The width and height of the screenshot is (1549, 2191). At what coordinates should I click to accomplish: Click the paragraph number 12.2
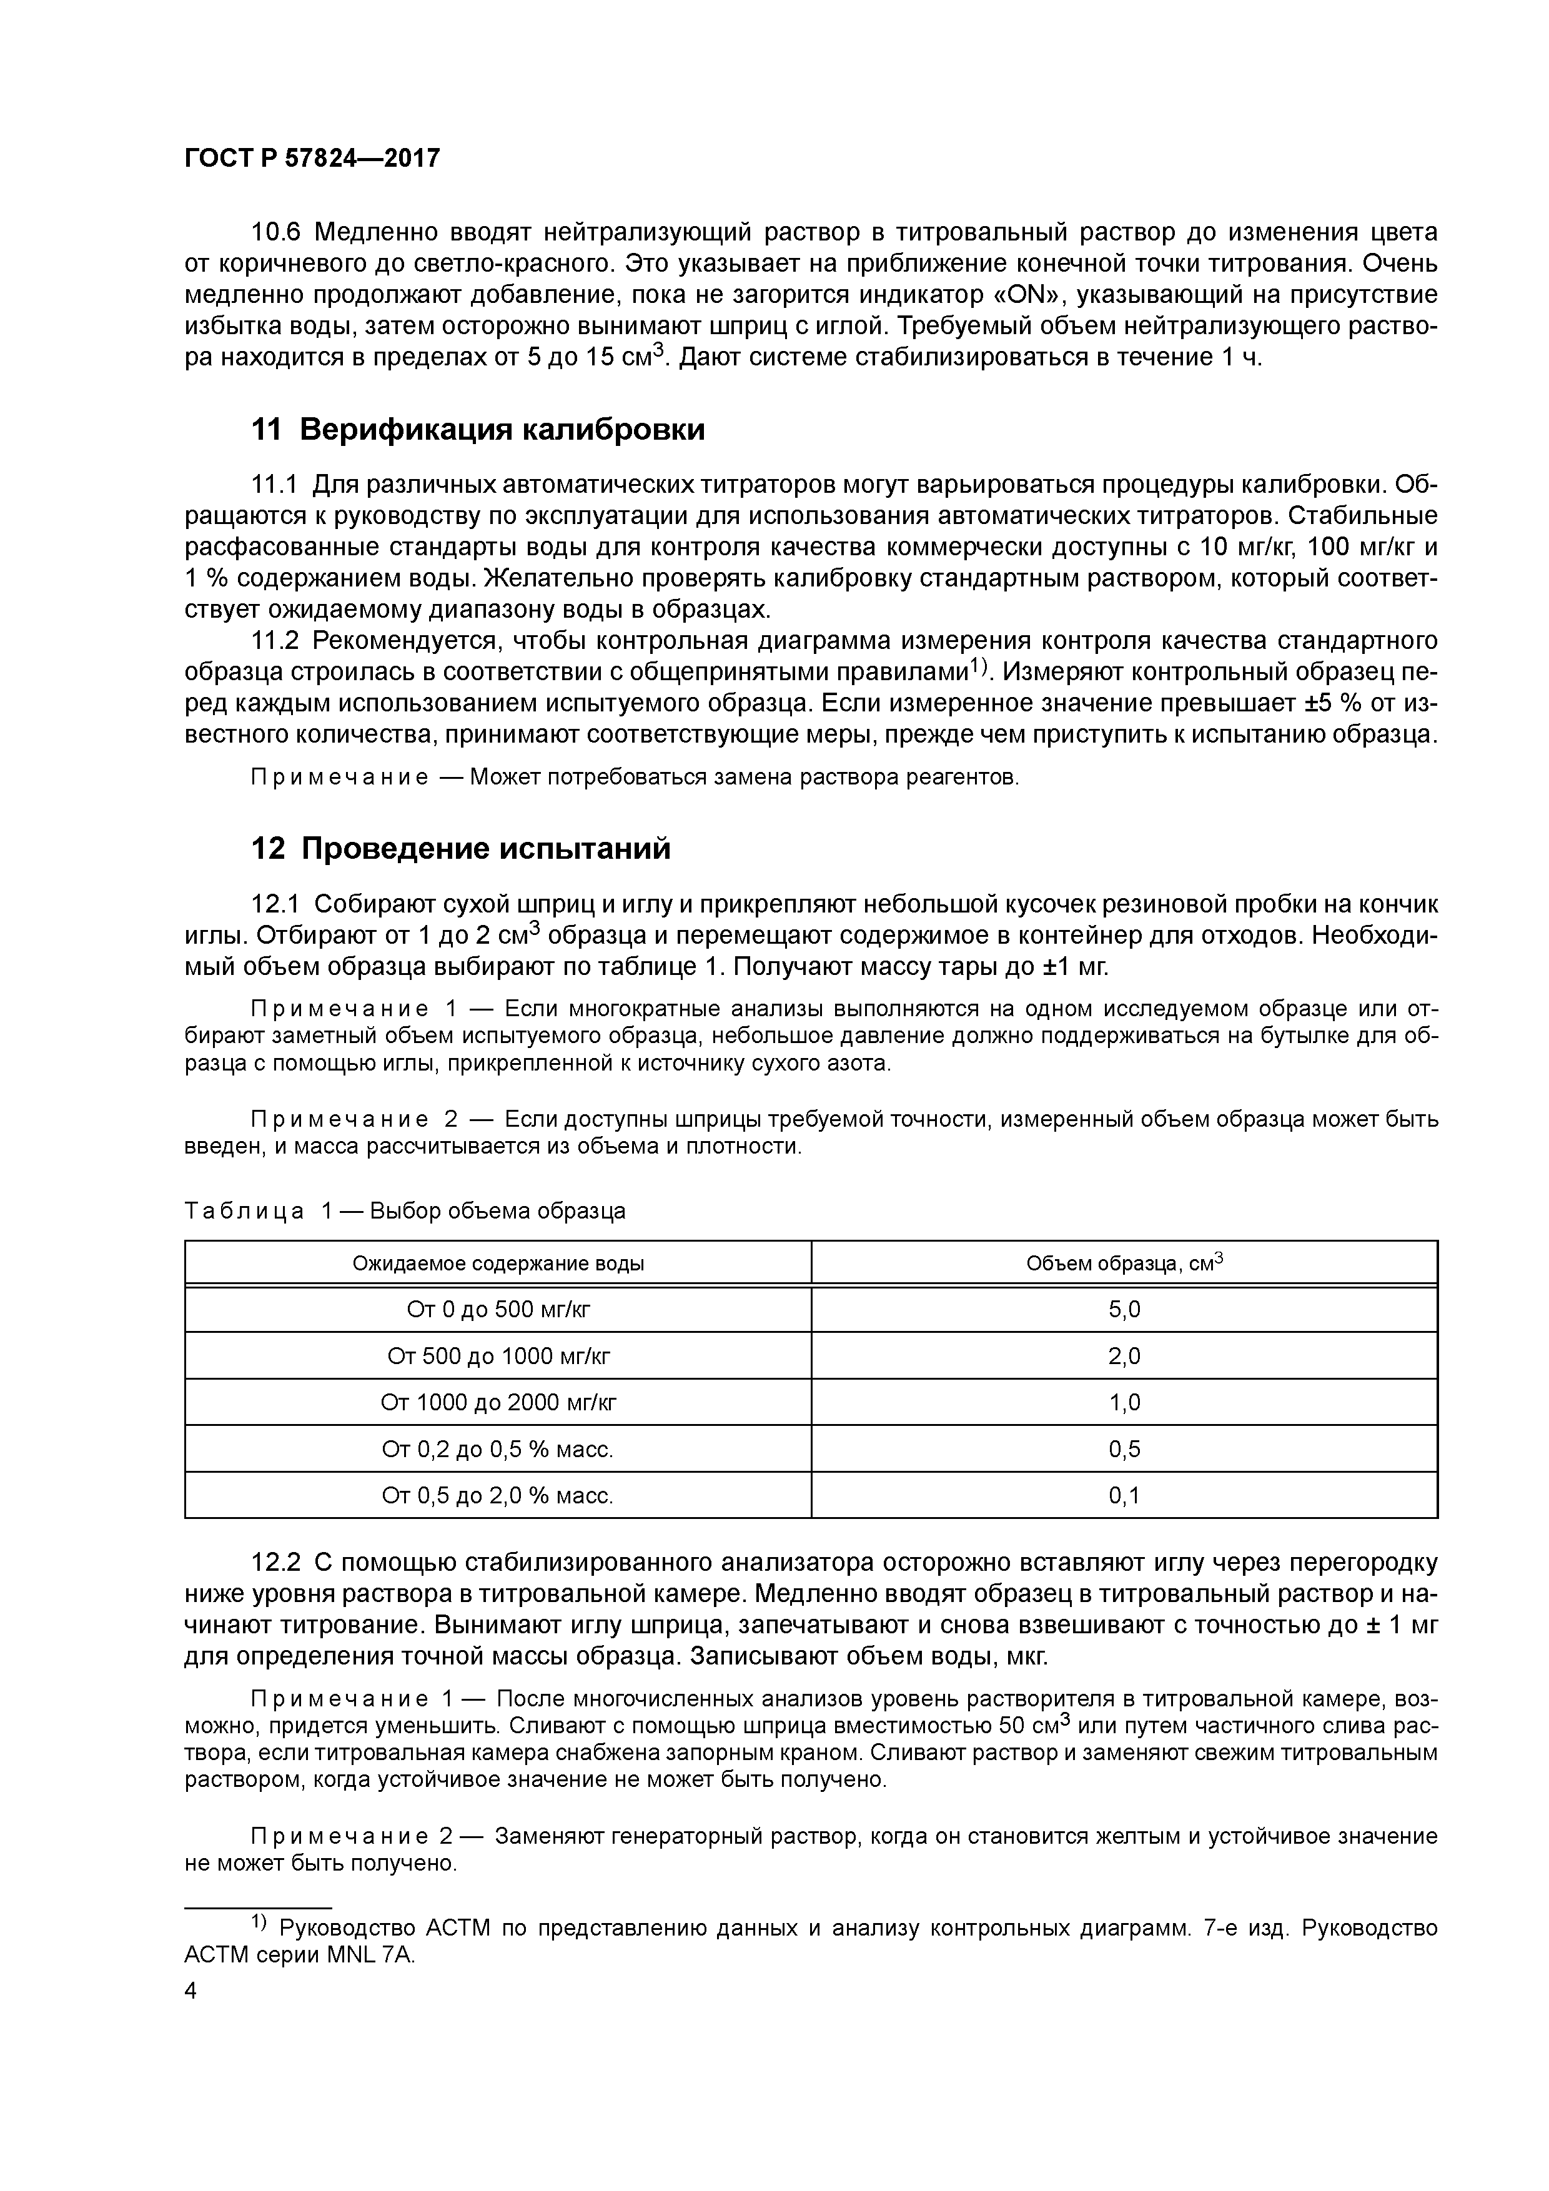point(276,1563)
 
